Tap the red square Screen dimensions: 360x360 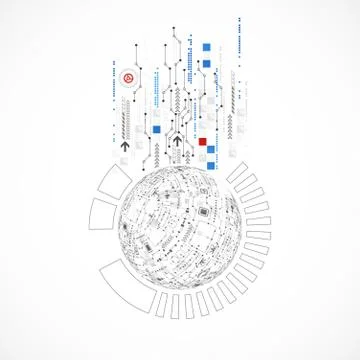pyautogui.click(x=202, y=141)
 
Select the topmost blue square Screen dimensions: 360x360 pyautogui.click(x=207, y=46)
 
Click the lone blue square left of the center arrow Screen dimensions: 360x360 pyautogui.click(x=156, y=128)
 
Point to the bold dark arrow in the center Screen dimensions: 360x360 pyautogui.click(x=177, y=142)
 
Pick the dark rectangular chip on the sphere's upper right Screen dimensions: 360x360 pyautogui.click(x=206, y=213)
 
